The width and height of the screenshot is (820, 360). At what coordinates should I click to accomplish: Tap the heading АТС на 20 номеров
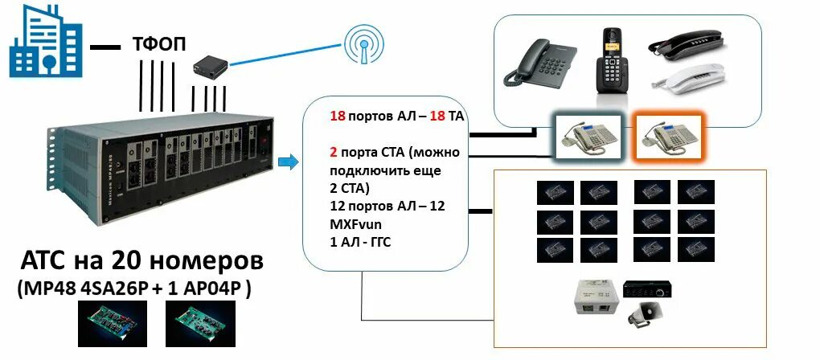141,263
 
